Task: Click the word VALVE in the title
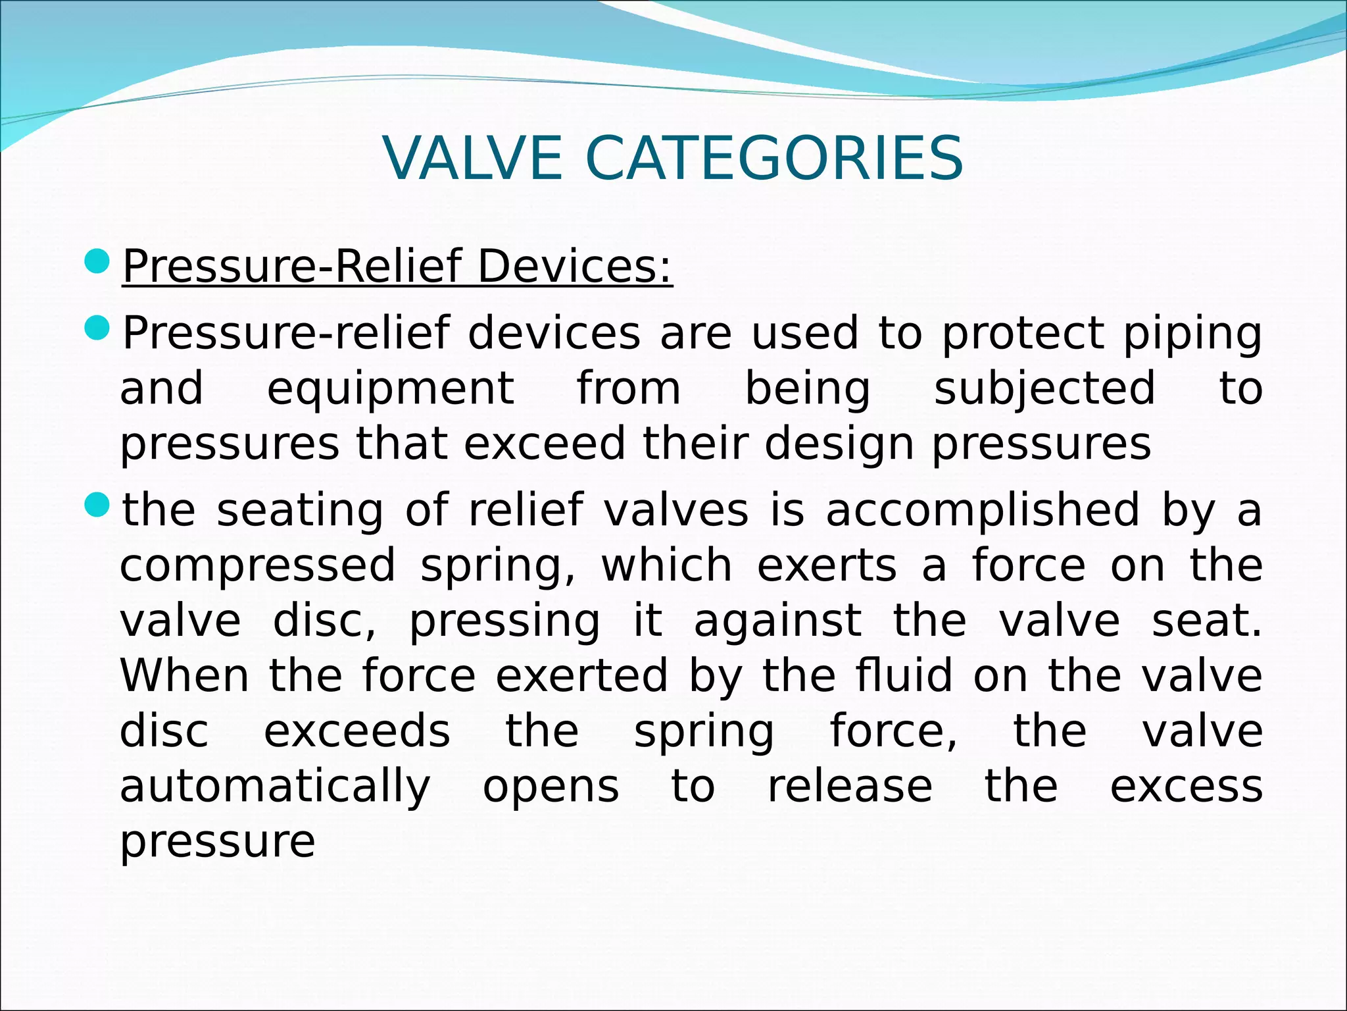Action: (472, 159)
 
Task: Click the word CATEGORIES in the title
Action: (773, 159)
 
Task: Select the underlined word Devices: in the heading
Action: (574, 267)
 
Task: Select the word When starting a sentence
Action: (185, 676)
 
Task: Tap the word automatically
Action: (275, 788)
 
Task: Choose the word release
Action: (850, 787)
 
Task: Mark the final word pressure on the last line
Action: (218, 843)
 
